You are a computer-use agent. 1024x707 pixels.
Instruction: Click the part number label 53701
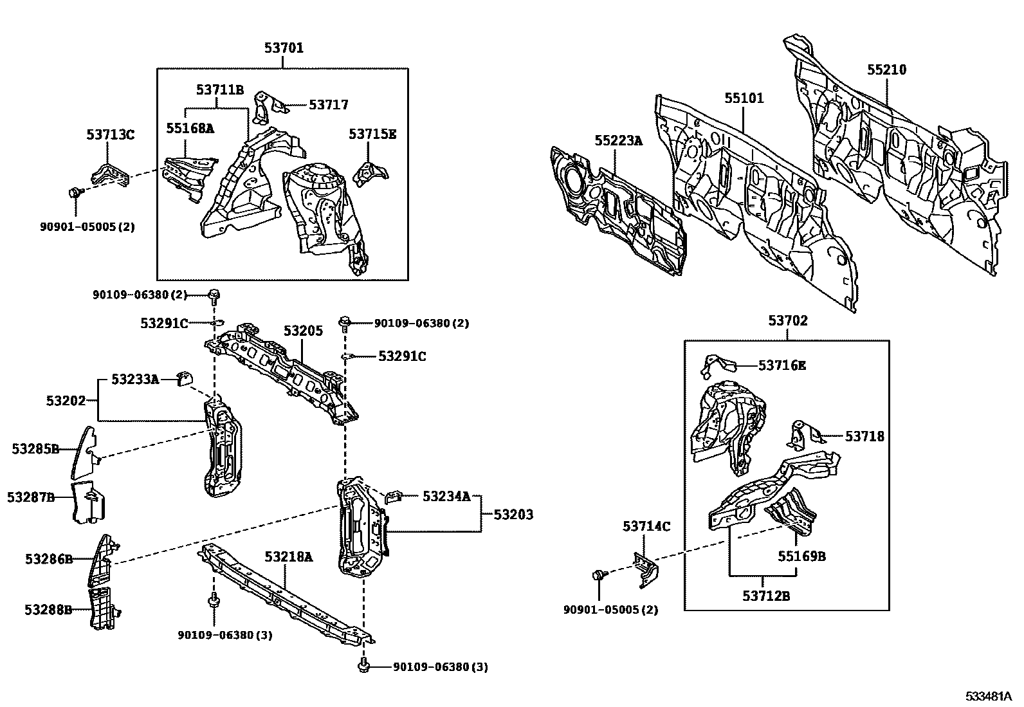[x=284, y=48]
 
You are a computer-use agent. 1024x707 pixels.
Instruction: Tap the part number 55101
[x=744, y=98]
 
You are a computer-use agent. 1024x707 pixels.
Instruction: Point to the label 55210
[x=886, y=69]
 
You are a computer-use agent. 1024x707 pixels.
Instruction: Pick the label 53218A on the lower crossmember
[x=289, y=556]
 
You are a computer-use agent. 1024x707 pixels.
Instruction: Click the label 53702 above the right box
[x=787, y=320]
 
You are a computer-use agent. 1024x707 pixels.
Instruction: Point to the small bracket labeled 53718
[x=800, y=434]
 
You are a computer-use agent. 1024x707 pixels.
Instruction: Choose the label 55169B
[x=801, y=556]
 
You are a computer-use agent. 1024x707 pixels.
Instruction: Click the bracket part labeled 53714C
[x=645, y=568]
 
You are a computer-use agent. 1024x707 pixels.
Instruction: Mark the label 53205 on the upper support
[x=304, y=331]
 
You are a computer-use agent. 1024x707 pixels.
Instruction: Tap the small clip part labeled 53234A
[x=393, y=497]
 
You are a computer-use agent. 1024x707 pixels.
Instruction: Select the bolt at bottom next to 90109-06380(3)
[x=364, y=666]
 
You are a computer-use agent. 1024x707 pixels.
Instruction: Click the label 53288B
[x=48, y=609]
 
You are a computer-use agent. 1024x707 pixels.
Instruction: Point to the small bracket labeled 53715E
[x=370, y=172]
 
